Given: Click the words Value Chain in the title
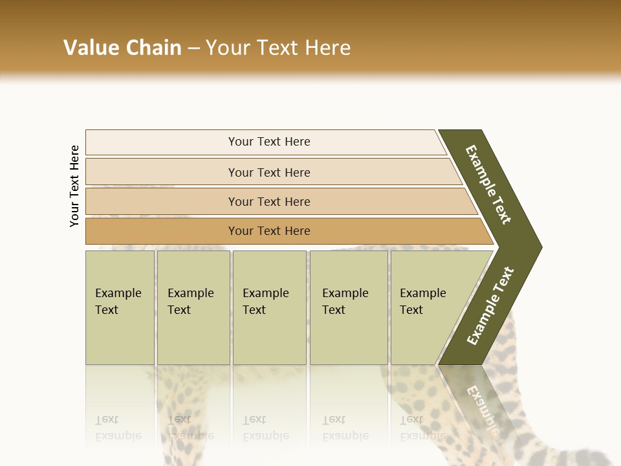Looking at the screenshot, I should click(122, 48).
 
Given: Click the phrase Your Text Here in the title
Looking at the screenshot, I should click(278, 48).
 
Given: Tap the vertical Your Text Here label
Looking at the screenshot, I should click(74, 186).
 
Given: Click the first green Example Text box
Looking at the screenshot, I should click(120, 307).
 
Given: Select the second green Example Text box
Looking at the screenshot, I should click(193, 307).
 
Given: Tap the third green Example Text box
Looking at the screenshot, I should click(268, 307).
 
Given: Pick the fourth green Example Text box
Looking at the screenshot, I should click(348, 307).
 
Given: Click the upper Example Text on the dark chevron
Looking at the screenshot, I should click(488, 184).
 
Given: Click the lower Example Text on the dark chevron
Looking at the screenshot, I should click(490, 306).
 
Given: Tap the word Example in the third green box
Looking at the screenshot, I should click(265, 293).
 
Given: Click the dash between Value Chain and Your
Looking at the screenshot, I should click(193, 49).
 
